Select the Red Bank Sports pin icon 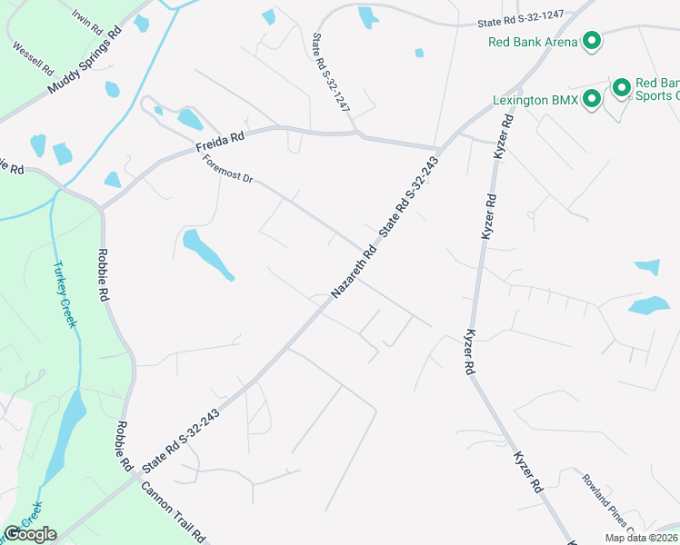tap(622, 88)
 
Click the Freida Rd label tap(220, 143)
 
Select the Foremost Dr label tap(227, 170)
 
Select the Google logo tap(29, 534)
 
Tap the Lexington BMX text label tap(535, 100)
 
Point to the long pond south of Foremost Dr tap(208, 254)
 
